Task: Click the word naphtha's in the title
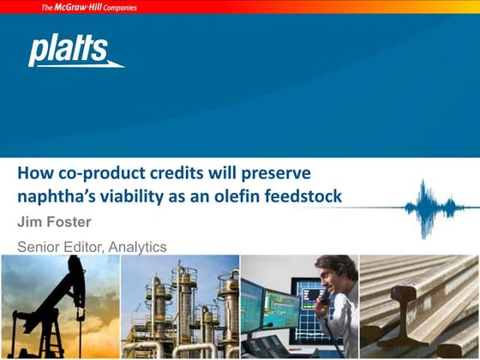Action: tap(53, 196)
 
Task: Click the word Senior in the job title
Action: tap(39, 247)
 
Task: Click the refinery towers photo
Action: tap(180, 307)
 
